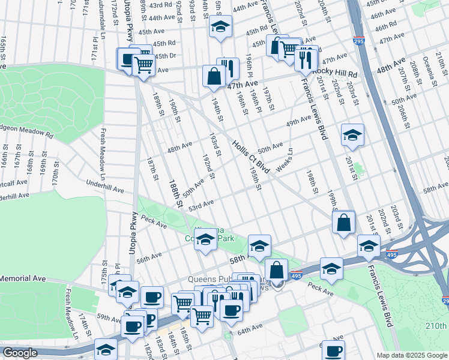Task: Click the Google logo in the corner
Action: (x=20, y=353)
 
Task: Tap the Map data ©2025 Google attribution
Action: (x=411, y=355)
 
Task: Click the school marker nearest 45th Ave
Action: (x=220, y=27)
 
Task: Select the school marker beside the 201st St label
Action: (x=352, y=135)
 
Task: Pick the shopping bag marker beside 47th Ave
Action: (x=214, y=76)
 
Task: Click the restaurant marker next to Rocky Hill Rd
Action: (x=306, y=59)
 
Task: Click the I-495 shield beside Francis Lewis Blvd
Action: (x=392, y=254)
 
